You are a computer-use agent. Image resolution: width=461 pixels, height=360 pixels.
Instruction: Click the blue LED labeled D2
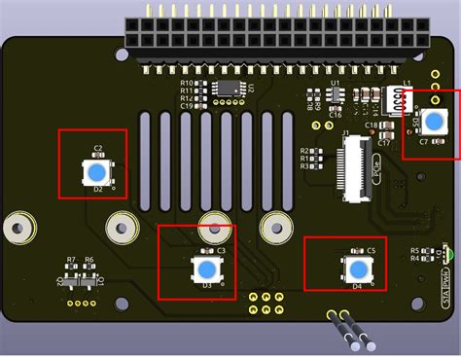[x=95, y=172]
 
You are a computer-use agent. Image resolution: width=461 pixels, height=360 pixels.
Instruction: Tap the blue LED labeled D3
[x=206, y=269]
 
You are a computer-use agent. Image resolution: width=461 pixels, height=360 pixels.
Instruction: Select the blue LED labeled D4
[x=358, y=269]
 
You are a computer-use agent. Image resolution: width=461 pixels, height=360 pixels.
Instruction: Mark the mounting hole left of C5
[x=276, y=229]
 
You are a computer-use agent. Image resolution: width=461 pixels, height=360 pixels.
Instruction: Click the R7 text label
[x=71, y=261]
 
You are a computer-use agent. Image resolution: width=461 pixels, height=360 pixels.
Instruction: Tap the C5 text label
[x=371, y=251]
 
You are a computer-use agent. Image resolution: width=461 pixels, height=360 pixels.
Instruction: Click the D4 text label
[x=357, y=287]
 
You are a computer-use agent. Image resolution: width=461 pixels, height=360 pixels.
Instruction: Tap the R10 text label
[x=186, y=84]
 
